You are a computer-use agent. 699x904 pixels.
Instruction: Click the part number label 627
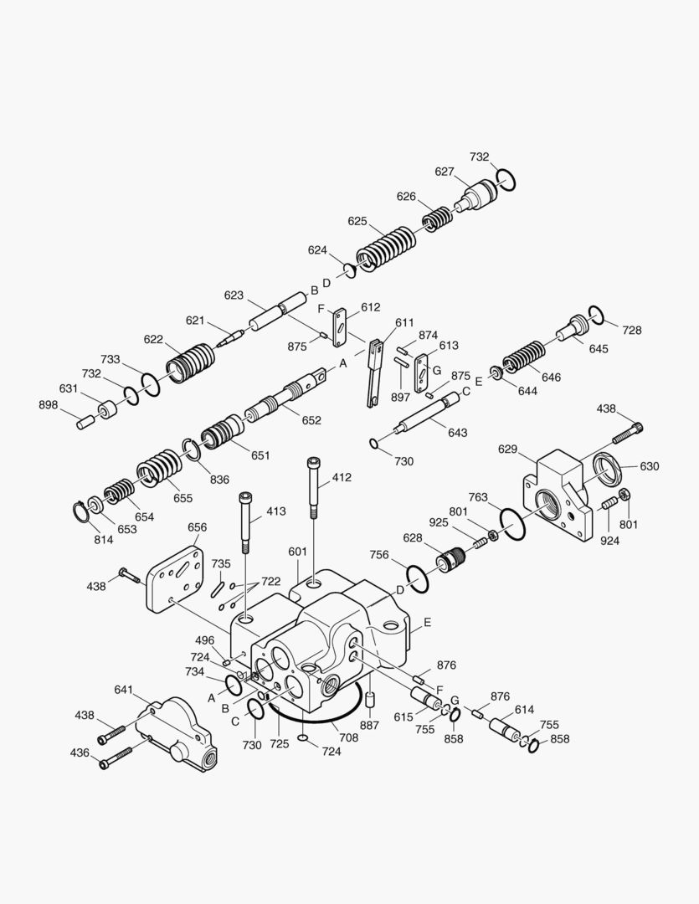coord(444,172)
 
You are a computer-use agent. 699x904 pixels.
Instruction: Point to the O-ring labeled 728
coord(596,314)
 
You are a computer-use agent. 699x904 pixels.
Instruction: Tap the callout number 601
coord(298,552)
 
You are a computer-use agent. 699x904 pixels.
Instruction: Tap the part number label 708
coord(348,737)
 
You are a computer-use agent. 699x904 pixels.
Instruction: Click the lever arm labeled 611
coord(373,370)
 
